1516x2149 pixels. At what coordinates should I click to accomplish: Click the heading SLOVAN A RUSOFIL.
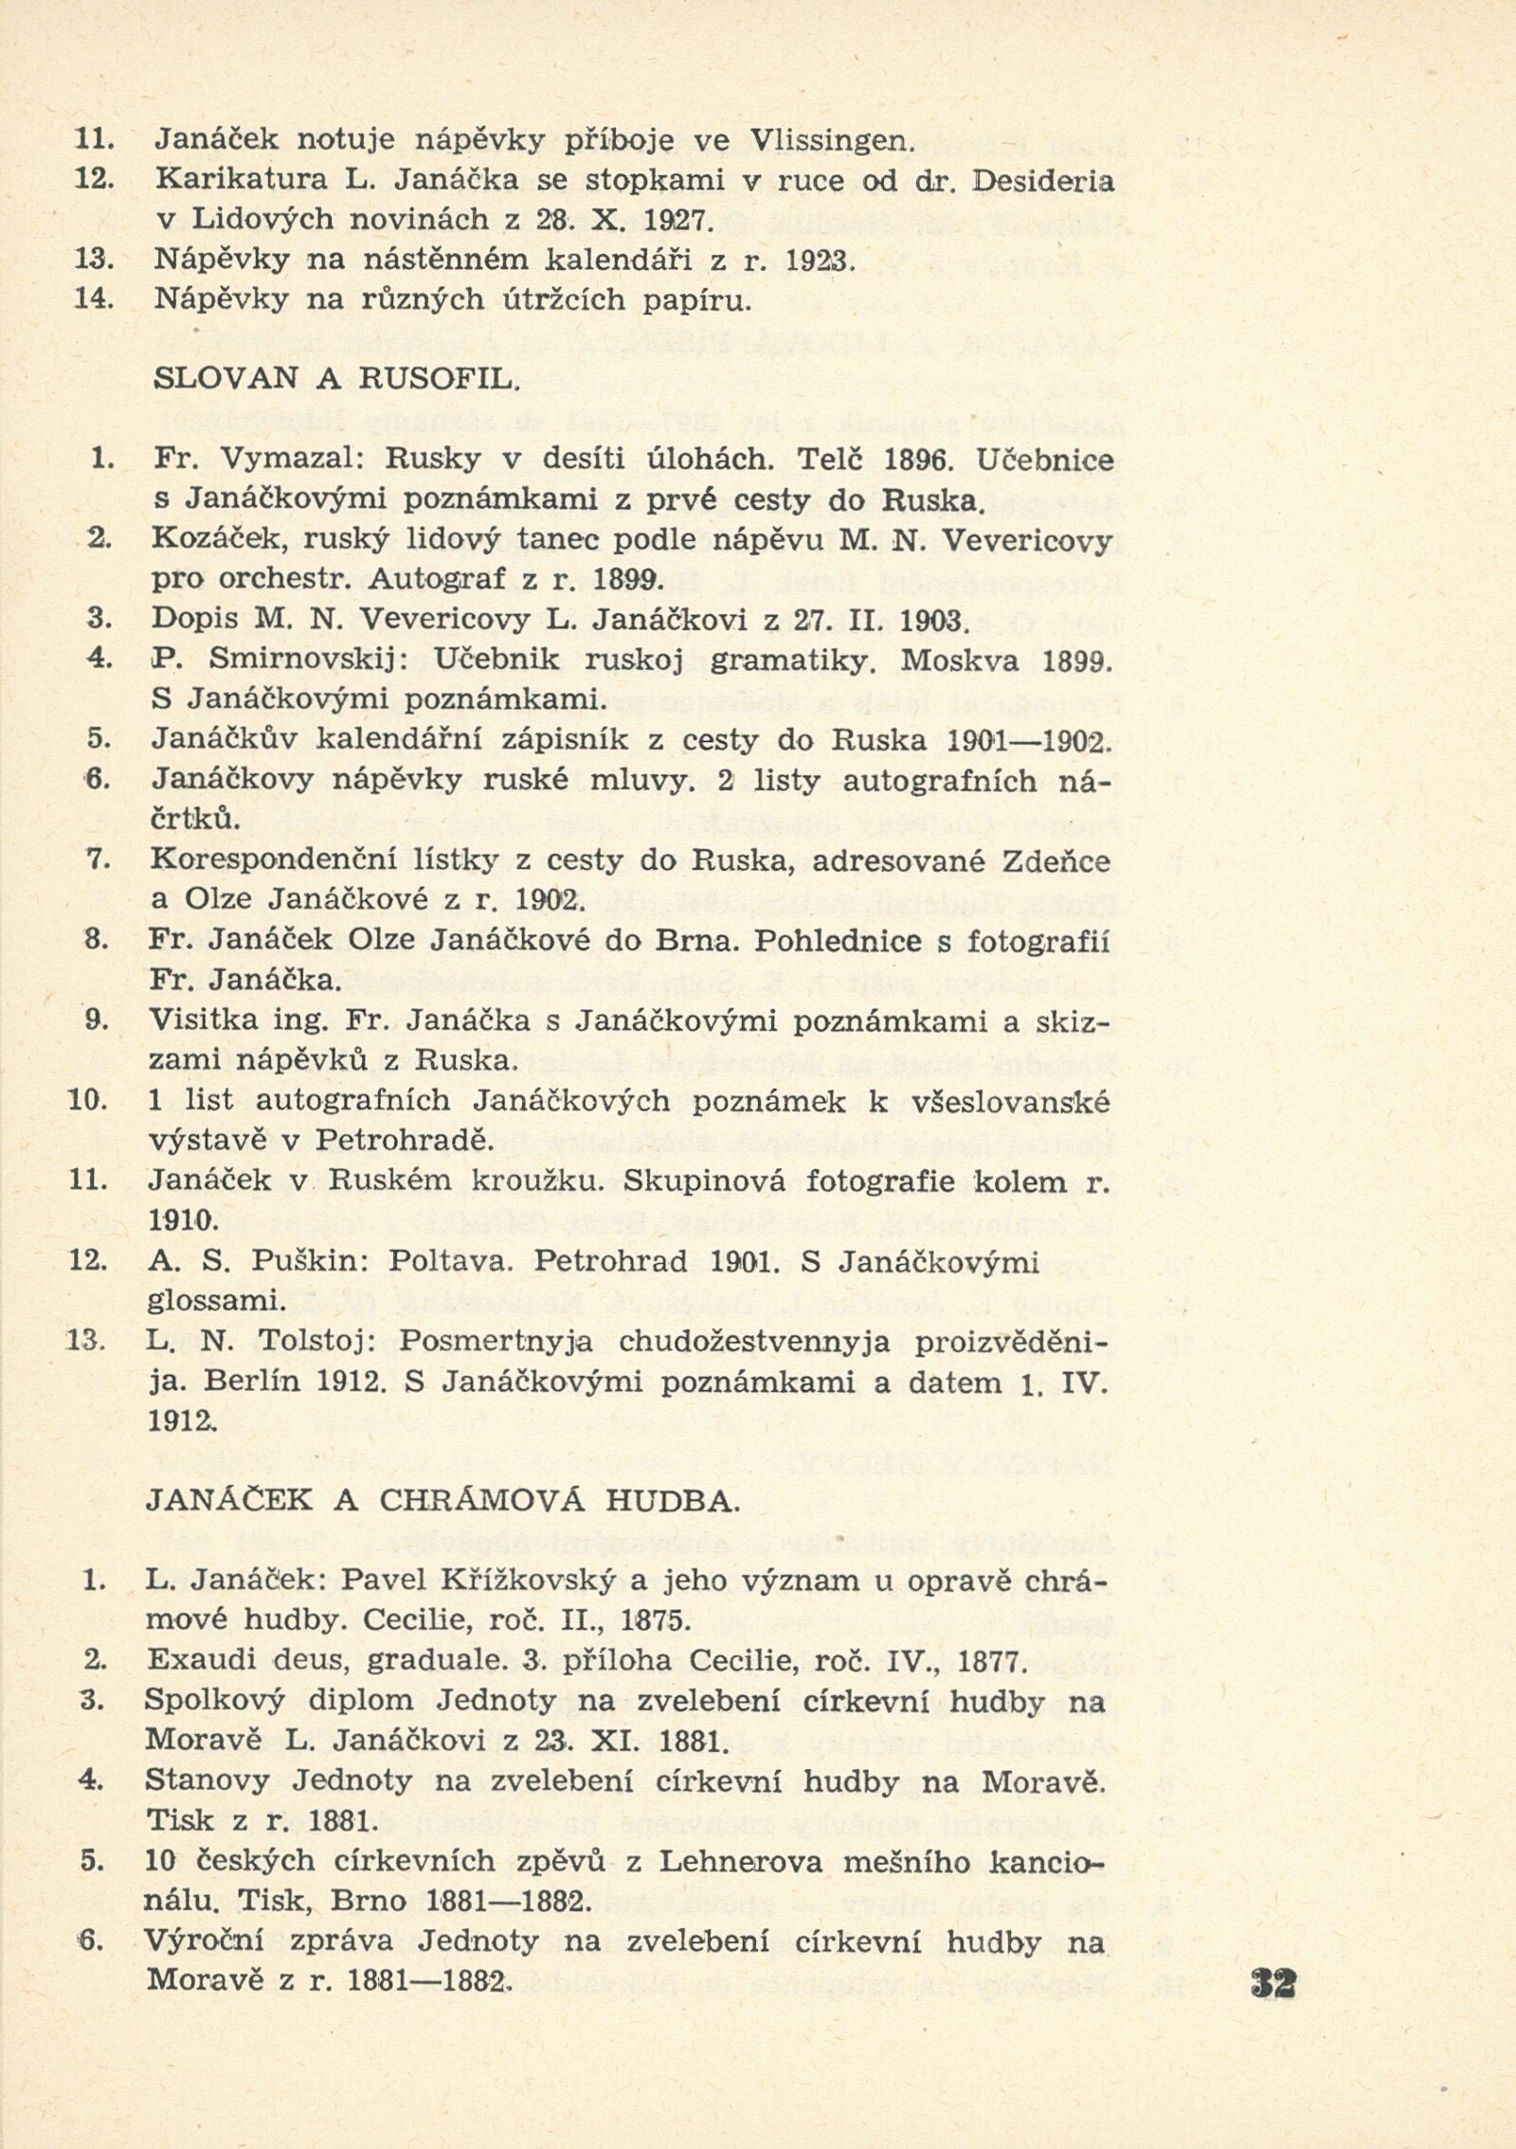pos(336,379)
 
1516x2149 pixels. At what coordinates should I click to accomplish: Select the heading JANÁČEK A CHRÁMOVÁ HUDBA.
pos(441,1500)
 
